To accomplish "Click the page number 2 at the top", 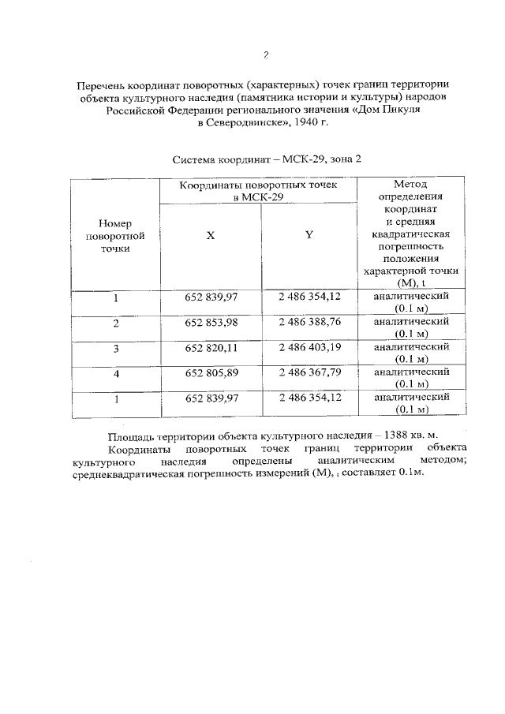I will coord(266,55).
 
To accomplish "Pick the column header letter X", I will coord(210,235).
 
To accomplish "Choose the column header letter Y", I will coord(309,235).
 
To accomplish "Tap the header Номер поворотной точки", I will coord(115,235).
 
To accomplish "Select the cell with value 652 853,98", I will coord(211,323).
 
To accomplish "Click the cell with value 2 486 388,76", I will coord(309,323).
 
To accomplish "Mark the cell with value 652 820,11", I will coord(211,348).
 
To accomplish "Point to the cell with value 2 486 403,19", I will coord(309,348).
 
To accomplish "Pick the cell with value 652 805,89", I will coord(211,373).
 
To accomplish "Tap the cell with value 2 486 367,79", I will coord(309,373).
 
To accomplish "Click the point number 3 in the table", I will coord(115,349).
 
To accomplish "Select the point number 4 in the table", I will coord(115,374).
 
